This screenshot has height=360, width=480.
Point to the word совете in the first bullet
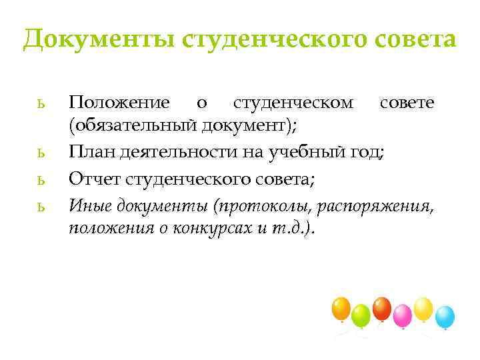click(x=407, y=103)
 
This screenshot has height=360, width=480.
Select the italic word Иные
click(x=90, y=205)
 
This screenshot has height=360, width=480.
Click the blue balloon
click(x=445, y=315)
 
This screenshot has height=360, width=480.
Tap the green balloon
click(x=361, y=314)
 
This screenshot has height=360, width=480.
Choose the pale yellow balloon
click(x=423, y=307)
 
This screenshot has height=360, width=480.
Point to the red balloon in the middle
click(x=381, y=308)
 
